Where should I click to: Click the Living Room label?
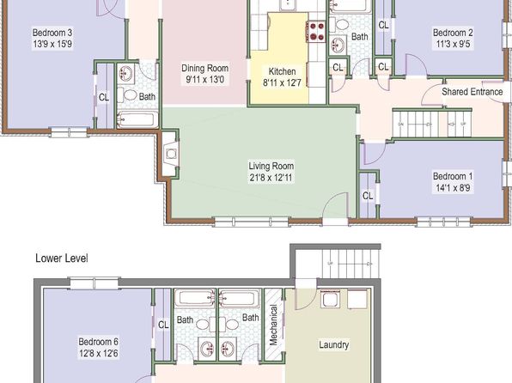pos(271,166)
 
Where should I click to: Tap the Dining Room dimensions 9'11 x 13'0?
pos(205,79)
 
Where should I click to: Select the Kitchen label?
pos(282,71)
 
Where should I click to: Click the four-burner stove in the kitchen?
pos(316,32)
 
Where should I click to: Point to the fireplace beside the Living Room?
pos(170,154)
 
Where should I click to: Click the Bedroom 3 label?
pos(52,33)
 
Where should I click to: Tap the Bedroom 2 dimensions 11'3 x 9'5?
pos(453,44)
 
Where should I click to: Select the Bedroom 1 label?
pos(453,176)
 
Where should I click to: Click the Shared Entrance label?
pos(472,92)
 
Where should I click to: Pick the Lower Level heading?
pos(62,258)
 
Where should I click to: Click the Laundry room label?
pos(333,345)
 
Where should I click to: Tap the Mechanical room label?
pos(273,325)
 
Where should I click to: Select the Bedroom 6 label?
pos(98,342)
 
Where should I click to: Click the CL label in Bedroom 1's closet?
pos(368,196)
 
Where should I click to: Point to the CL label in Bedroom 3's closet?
pos(104,97)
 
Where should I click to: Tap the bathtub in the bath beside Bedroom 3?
pos(137,119)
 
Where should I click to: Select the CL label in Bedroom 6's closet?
pos(163,325)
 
